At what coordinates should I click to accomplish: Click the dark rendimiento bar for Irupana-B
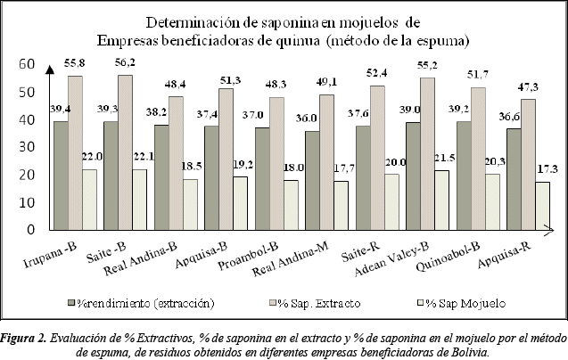point(61,175)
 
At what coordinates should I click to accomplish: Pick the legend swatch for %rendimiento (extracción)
point(71,304)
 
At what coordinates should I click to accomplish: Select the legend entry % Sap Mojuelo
point(460,304)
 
